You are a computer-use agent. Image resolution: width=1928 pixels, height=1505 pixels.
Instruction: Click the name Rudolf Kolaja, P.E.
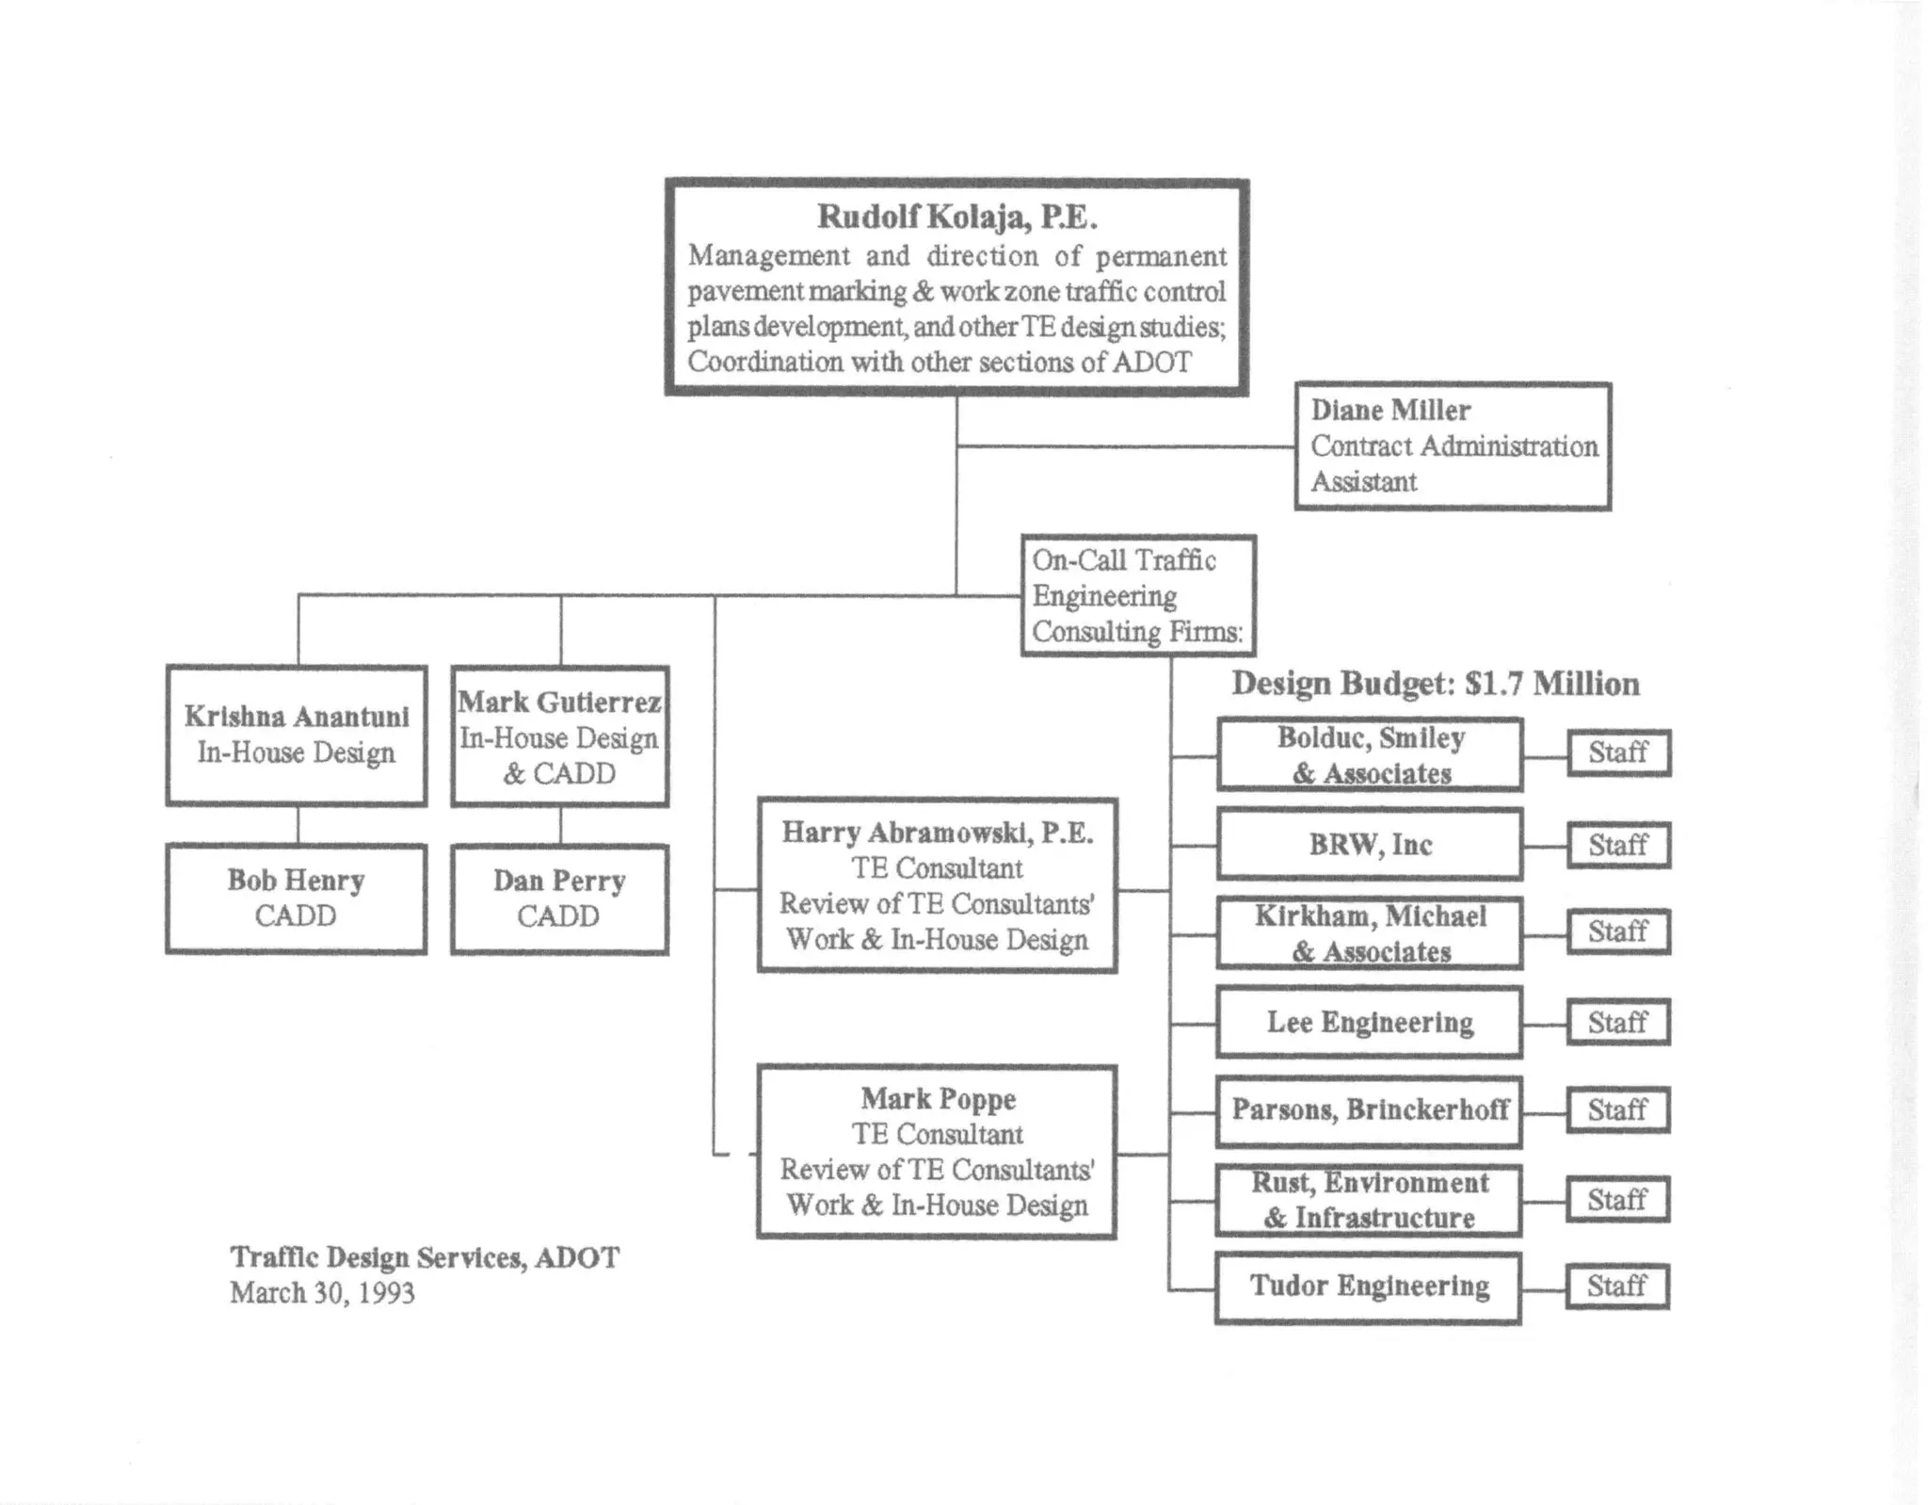click(x=956, y=217)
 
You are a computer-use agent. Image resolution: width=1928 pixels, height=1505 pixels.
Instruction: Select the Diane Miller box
click(x=1453, y=446)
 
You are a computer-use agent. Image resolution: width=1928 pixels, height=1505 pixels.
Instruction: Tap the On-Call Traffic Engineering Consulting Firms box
click(x=1138, y=596)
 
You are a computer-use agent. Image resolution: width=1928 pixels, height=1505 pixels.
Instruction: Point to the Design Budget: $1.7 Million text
click(x=1435, y=684)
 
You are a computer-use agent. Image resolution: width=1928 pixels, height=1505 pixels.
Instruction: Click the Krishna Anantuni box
click(x=297, y=736)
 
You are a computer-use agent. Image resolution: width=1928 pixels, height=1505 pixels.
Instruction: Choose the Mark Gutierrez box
click(x=560, y=736)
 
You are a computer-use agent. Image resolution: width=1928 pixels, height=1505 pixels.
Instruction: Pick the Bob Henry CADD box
click(x=297, y=898)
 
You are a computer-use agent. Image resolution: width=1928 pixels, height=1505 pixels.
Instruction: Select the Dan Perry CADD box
click(x=560, y=898)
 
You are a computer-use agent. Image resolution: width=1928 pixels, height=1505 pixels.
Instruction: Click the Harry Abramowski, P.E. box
click(x=938, y=885)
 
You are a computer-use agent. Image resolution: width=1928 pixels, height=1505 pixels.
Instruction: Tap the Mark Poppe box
click(x=938, y=1152)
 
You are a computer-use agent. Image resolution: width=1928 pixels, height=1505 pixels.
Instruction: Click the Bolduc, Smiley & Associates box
click(x=1370, y=755)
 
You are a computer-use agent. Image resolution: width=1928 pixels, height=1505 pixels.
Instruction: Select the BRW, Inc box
click(x=1370, y=845)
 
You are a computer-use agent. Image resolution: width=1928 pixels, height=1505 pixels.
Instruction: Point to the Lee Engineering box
click(x=1370, y=1023)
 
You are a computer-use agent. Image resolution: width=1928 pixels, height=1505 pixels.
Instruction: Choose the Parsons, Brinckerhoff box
click(x=1370, y=1111)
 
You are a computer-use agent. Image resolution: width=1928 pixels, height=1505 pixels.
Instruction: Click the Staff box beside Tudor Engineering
click(x=1617, y=1287)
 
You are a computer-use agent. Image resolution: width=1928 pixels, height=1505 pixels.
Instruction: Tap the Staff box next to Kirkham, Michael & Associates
click(x=1618, y=932)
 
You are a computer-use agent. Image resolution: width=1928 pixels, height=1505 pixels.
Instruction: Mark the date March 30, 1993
click(x=322, y=1293)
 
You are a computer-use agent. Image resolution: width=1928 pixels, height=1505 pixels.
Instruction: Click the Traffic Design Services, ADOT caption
click(x=425, y=1258)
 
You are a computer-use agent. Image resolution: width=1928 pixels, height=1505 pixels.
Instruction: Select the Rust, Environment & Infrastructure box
click(x=1370, y=1201)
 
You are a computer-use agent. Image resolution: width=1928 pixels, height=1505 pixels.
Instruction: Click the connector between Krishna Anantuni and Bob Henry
click(x=298, y=825)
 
